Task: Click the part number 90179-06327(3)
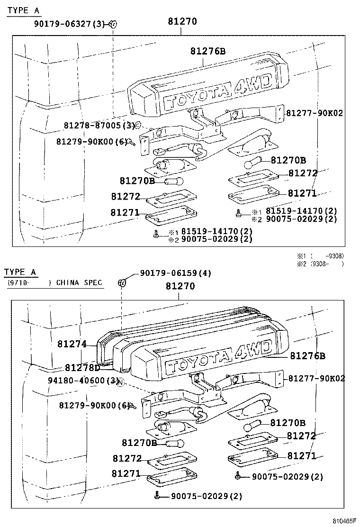click(71, 24)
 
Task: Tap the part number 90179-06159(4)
click(175, 273)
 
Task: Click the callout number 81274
click(72, 344)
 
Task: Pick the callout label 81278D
click(82, 368)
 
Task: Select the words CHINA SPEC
click(79, 283)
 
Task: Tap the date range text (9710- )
click(28, 283)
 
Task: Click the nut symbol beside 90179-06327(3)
click(113, 24)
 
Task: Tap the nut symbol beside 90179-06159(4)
click(121, 283)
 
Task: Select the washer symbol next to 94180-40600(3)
click(121, 382)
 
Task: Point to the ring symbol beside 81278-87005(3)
click(138, 126)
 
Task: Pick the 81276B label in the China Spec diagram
click(307, 355)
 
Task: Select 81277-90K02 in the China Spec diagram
click(316, 378)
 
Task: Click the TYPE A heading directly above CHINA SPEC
click(20, 272)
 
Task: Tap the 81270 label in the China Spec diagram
click(180, 286)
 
